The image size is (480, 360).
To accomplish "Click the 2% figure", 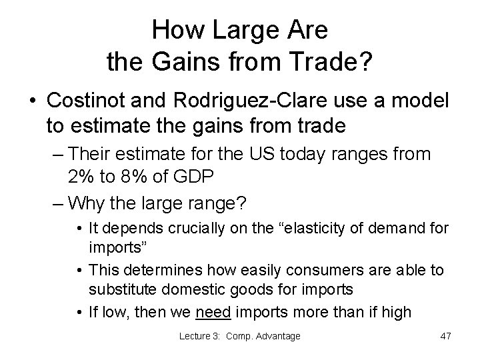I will click(82, 177).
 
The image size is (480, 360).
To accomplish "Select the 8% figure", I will click(137, 177).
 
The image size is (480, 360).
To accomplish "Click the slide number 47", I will click(445, 336).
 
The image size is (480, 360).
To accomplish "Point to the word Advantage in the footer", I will click(276, 336).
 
